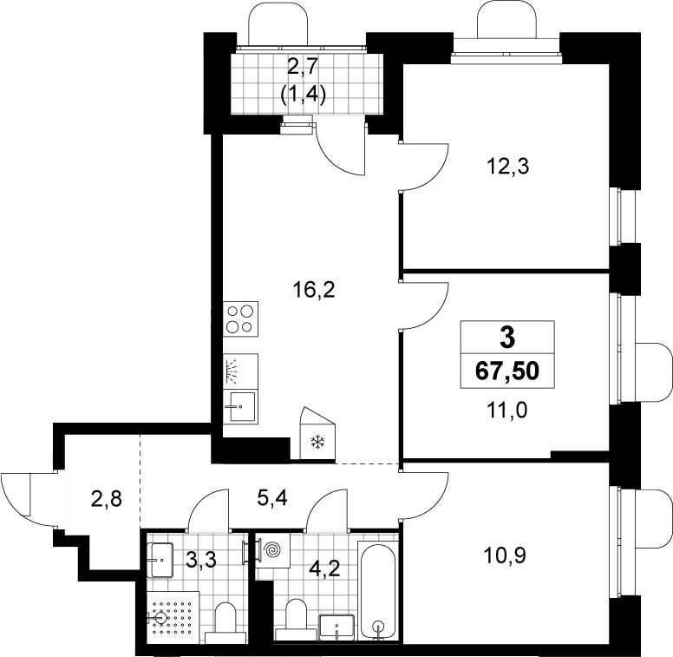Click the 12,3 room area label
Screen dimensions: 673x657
coord(507,166)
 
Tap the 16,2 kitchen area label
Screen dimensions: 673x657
coord(313,290)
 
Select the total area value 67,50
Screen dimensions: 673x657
coord(507,371)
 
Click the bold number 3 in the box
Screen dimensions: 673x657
coord(507,338)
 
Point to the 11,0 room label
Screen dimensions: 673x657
coord(506,411)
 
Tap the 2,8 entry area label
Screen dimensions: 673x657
coord(107,499)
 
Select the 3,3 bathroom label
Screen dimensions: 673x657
coord(201,560)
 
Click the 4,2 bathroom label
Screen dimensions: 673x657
coord(325,569)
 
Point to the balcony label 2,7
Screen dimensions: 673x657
coord(303,67)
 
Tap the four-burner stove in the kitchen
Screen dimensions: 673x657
coord(240,319)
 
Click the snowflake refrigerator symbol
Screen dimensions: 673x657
coord(318,442)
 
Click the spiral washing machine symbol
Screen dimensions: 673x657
coord(272,549)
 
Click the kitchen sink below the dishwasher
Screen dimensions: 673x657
coord(240,406)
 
